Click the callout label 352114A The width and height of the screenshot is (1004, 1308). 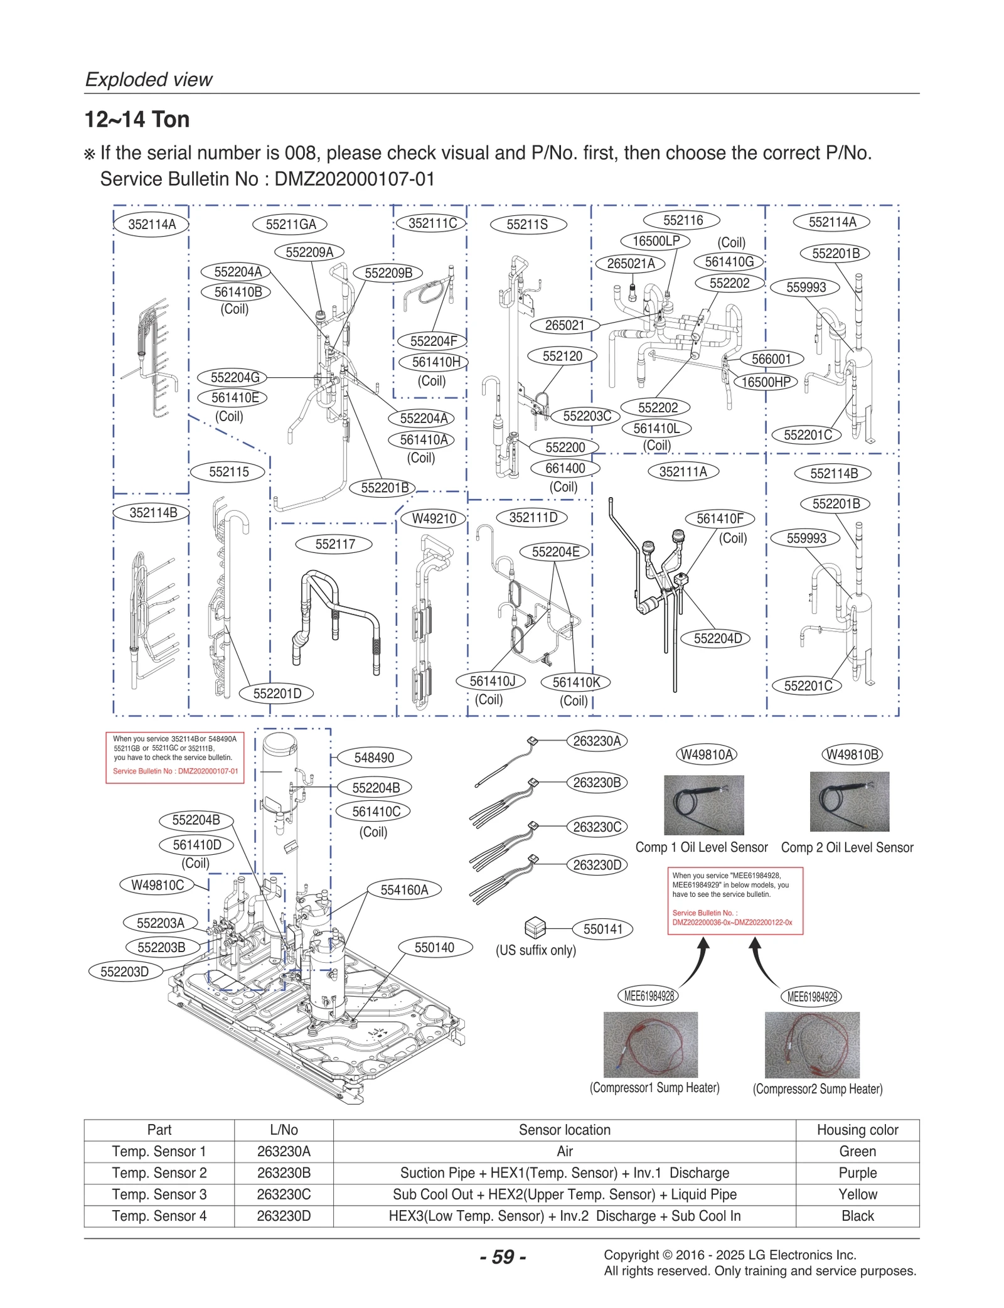152,225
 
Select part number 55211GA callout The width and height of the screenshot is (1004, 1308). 291,225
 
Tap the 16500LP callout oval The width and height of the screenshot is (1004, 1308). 656,241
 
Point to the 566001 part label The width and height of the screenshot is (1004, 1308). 771,359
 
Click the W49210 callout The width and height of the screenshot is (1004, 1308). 434,519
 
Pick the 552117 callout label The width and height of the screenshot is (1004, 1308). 335,544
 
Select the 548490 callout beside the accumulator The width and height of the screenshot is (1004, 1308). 374,758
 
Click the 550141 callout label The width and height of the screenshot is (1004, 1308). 602,929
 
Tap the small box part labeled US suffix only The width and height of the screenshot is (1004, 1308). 535,927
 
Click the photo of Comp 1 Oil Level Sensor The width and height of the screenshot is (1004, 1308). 703,805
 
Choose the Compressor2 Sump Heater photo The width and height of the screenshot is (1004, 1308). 812,1044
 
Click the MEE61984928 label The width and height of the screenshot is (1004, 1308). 649,995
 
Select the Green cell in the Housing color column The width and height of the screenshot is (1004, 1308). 857,1151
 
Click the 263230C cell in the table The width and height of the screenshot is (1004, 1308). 284,1194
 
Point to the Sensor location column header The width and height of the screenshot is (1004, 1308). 564,1130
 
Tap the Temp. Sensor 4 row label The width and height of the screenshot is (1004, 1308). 159,1216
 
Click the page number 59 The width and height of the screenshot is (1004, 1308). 503,1257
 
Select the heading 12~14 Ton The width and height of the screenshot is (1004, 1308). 137,119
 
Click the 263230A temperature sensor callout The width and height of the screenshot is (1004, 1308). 597,741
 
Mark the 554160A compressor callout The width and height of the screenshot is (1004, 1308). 404,890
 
